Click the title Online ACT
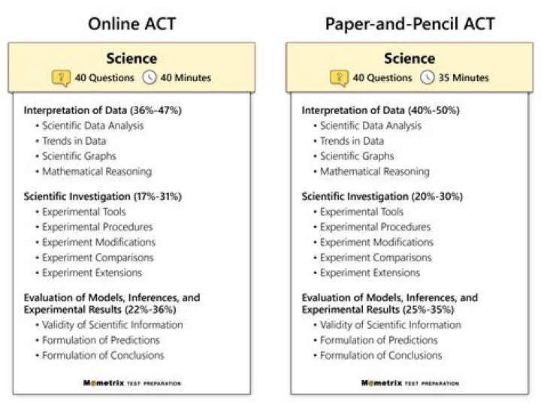coord(131,23)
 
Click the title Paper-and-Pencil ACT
coord(410,23)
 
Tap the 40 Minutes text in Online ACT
coord(185,77)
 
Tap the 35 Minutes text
coord(463,77)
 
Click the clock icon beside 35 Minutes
coord(427,77)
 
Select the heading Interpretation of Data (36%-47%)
coord(102,110)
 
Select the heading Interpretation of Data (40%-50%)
coord(380,110)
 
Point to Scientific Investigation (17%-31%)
coord(102,197)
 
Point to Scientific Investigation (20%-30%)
coord(382,197)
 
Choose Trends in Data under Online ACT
coord(74,141)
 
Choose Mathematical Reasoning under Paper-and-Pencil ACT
coord(374,171)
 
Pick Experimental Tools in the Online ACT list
coord(83,212)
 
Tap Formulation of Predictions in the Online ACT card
coord(102,340)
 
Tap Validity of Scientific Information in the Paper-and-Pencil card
coord(390,325)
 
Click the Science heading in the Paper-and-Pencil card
coord(410,59)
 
